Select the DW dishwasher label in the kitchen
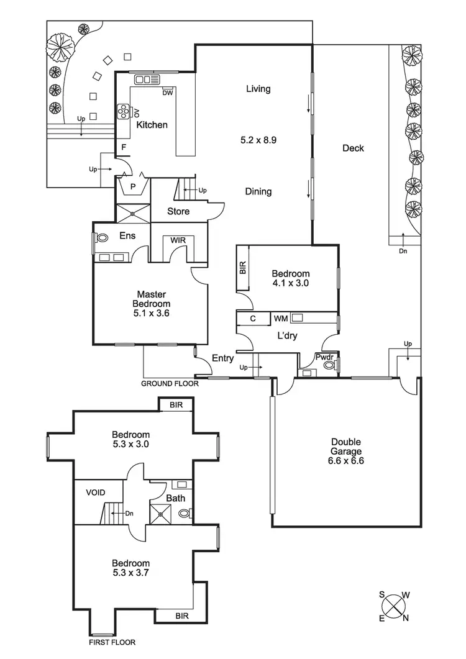click(x=167, y=93)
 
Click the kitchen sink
click(x=147, y=79)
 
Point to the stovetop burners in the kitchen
click(x=123, y=111)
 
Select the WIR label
click(x=178, y=241)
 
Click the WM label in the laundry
click(x=281, y=318)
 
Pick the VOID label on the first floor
click(x=95, y=493)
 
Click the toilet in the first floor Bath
click(x=185, y=514)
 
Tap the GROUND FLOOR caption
click(x=170, y=384)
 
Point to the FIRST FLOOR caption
click(x=112, y=642)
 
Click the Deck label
click(x=353, y=148)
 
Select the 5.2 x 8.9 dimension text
click(x=258, y=140)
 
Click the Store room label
click(x=178, y=212)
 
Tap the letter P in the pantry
click(x=132, y=186)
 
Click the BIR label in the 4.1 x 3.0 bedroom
click(x=243, y=268)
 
